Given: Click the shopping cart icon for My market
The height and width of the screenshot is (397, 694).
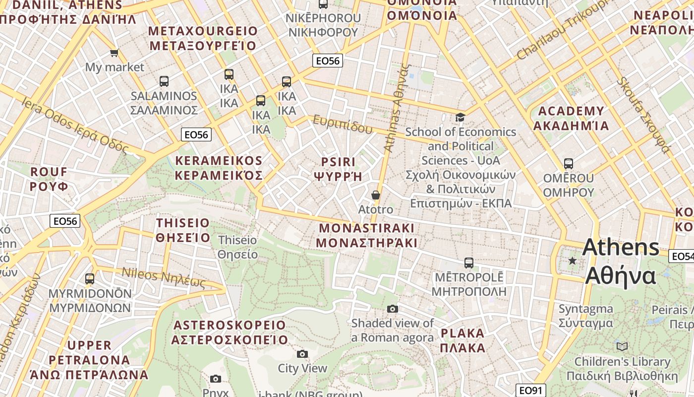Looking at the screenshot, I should [x=114, y=53].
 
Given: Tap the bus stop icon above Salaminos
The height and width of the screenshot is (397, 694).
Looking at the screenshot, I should [x=164, y=81].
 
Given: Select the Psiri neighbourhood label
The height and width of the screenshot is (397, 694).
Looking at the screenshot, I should [x=339, y=169].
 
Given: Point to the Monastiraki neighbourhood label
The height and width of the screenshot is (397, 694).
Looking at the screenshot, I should [x=366, y=235].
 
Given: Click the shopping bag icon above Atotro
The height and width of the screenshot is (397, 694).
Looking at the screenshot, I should [x=376, y=195].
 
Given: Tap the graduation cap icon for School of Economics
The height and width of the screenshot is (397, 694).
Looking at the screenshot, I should [x=461, y=118].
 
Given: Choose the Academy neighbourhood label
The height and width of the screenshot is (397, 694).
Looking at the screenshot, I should [x=571, y=118].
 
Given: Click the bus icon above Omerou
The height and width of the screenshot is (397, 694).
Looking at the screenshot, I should [x=568, y=164].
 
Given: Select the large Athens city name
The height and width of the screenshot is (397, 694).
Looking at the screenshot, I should [x=621, y=261].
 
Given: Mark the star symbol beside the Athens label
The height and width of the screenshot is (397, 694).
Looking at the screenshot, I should [x=573, y=261].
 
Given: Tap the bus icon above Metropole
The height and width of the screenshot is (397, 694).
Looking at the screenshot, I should [x=468, y=263].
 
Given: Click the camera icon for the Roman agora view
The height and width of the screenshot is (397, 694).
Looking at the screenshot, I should [x=393, y=309].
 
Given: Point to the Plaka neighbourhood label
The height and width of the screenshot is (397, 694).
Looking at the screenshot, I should [x=463, y=340].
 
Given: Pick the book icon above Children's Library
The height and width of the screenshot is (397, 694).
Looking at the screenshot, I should [x=622, y=346].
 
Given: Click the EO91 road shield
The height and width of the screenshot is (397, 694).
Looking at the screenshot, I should [x=530, y=391].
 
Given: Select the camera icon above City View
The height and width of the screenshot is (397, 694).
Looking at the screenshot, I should [x=302, y=354].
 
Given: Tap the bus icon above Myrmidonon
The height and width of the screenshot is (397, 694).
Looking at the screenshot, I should [x=90, y=279].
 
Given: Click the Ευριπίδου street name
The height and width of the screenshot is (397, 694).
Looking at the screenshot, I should [x=342, y=125].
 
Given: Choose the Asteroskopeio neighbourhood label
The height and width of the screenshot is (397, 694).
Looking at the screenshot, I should [x=230, y=332].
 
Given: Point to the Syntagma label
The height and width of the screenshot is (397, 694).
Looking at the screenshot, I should [x=585, y=316].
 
